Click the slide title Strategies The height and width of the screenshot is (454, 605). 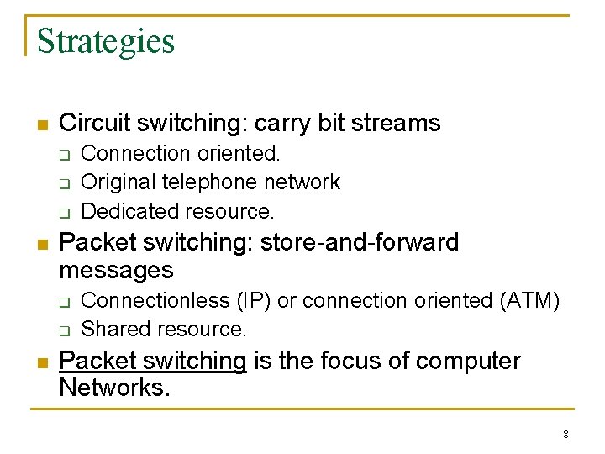tap(106, 40)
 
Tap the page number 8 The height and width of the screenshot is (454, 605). tap(566, 435)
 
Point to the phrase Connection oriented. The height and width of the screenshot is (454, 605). tap(181, 153)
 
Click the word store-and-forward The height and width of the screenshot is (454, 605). tap(360, 242)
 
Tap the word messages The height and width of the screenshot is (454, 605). tap(116, 270)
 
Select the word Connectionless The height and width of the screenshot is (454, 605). tap(155, 300)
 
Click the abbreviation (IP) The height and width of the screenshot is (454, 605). tap(253, 300)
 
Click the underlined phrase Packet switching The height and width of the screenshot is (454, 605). tap(153, 361)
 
